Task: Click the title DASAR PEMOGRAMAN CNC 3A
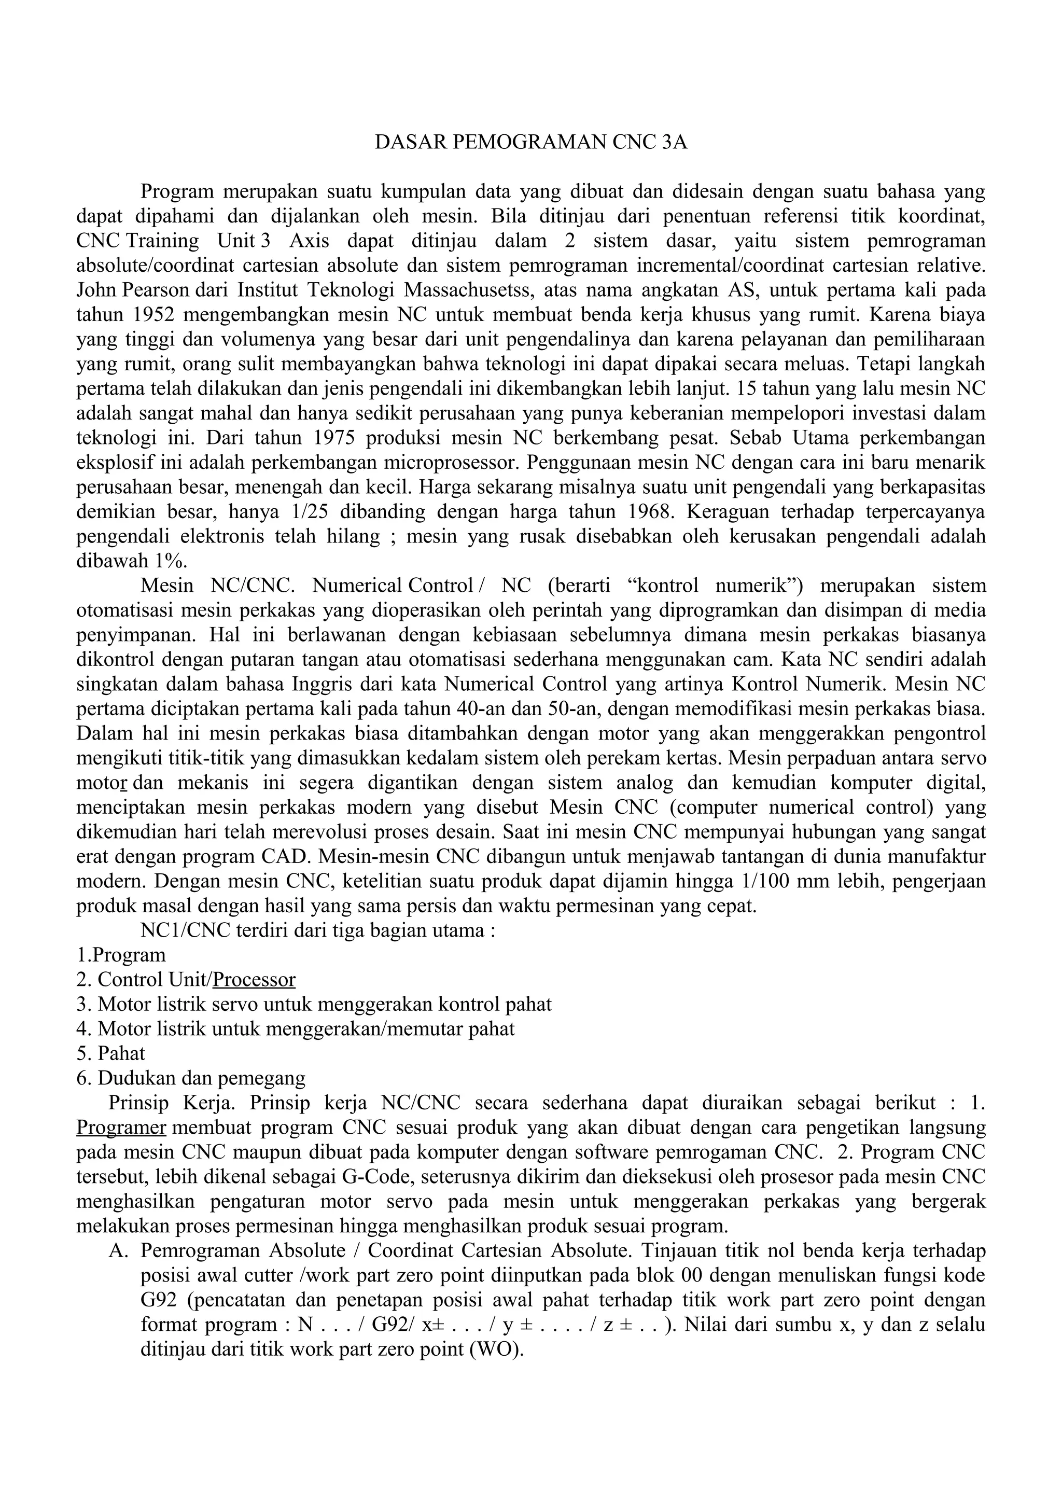[530, 143]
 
